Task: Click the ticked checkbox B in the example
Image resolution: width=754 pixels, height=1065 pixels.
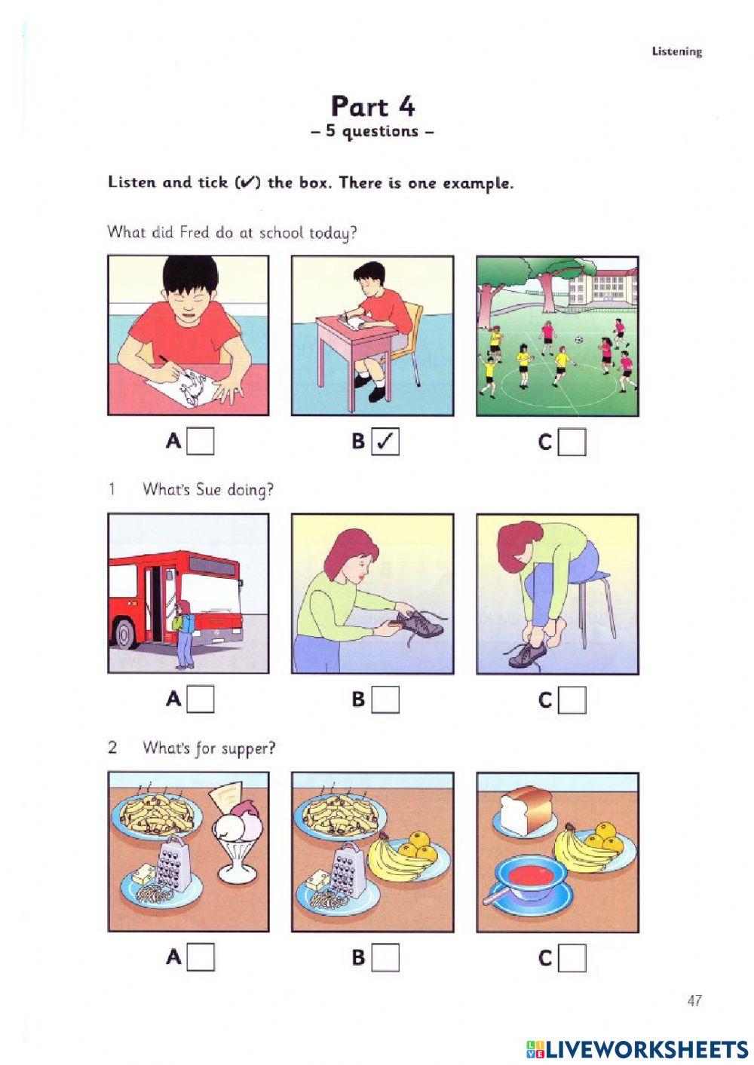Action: (x=385, y=442)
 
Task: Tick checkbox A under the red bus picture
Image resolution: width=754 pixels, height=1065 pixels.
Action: (x=201, y=699)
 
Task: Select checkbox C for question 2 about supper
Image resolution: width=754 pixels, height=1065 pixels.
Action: (x=572, y=958)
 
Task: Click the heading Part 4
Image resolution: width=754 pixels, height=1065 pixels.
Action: (x=372, y=106)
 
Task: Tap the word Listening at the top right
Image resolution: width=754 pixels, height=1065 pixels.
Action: (x=676, y=51)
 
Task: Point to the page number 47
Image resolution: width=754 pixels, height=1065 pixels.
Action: (x=694, y=1000)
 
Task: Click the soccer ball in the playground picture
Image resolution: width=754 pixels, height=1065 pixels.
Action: (x=578, y=340)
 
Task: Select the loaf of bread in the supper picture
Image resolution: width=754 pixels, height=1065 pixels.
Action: (x=520, y=811)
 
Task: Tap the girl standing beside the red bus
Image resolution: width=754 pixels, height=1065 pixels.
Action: (x=183, y=634)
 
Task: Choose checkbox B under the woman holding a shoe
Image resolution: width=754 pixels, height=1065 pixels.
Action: (x=385, y=699)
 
